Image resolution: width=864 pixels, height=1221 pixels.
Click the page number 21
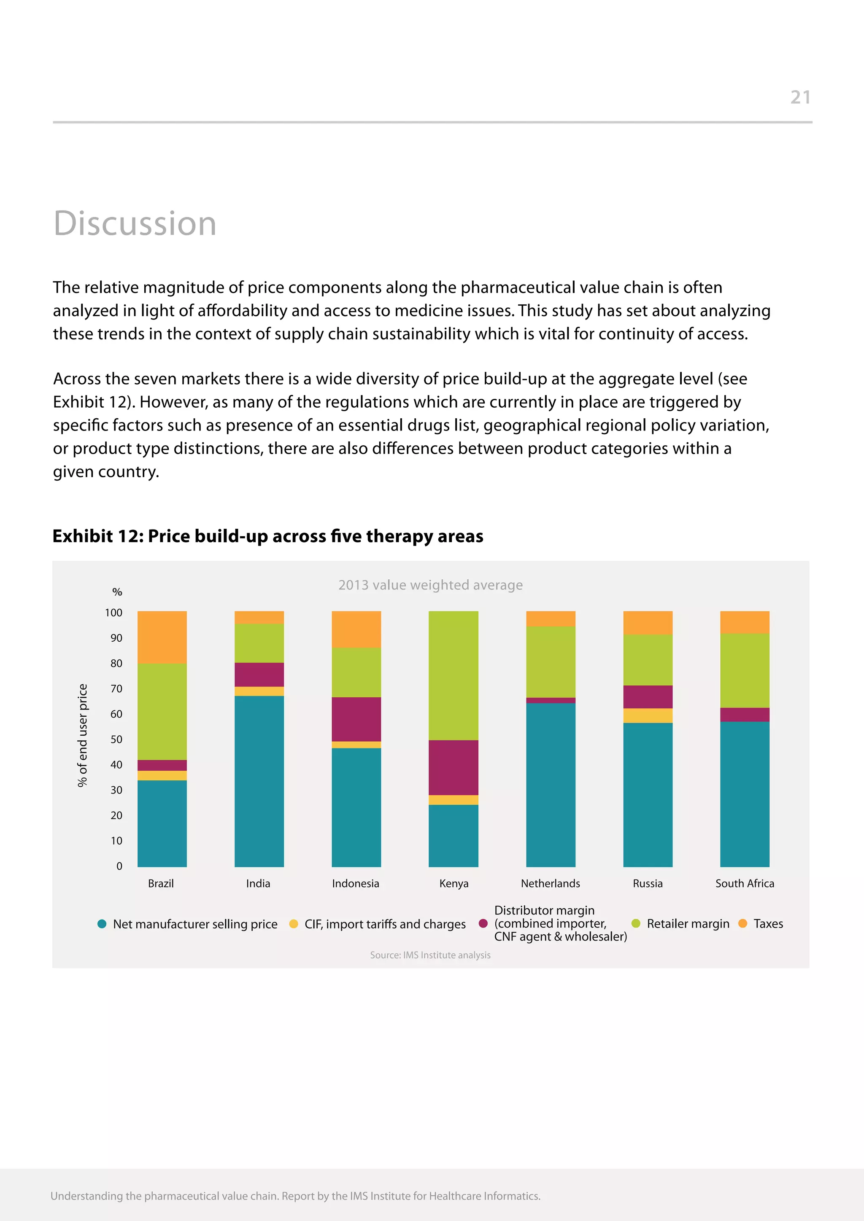pyautogui.click(x=800, y=97)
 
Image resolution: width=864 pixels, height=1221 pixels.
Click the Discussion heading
pyautogui.click(x=135, y=223)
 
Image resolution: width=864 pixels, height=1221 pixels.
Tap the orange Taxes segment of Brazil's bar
pyautogui.click(x=162, y=637)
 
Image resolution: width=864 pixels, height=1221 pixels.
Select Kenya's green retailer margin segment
pyautogui.click(x=453, y=675)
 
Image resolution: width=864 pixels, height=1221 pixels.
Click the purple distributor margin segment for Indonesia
pyautogui.click(x=356, y=719)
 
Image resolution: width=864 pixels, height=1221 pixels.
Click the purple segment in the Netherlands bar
pyautogui.click(x=551, y=700)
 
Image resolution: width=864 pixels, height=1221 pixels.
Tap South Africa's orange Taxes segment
pyautogui.click(x=744, y=622)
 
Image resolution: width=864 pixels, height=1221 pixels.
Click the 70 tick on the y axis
pyautogui.click(x=116, y=688)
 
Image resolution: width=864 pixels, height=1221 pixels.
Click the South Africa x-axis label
pyautogui.click(x=744, y=884)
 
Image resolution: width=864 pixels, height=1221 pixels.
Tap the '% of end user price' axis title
pyautogui.click(x=82, y=735)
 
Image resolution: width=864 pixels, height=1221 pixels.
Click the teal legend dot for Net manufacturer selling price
pyautogui.click(x=102, y=924)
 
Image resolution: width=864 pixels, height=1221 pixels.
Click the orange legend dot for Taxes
pyautogui.click(x=742, y=923)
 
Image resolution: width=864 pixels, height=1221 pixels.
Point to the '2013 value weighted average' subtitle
pyautogui.click(x=430, y=585)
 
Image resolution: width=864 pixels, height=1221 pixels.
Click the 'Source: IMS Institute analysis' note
pyautogui.click(x=430, y=955)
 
